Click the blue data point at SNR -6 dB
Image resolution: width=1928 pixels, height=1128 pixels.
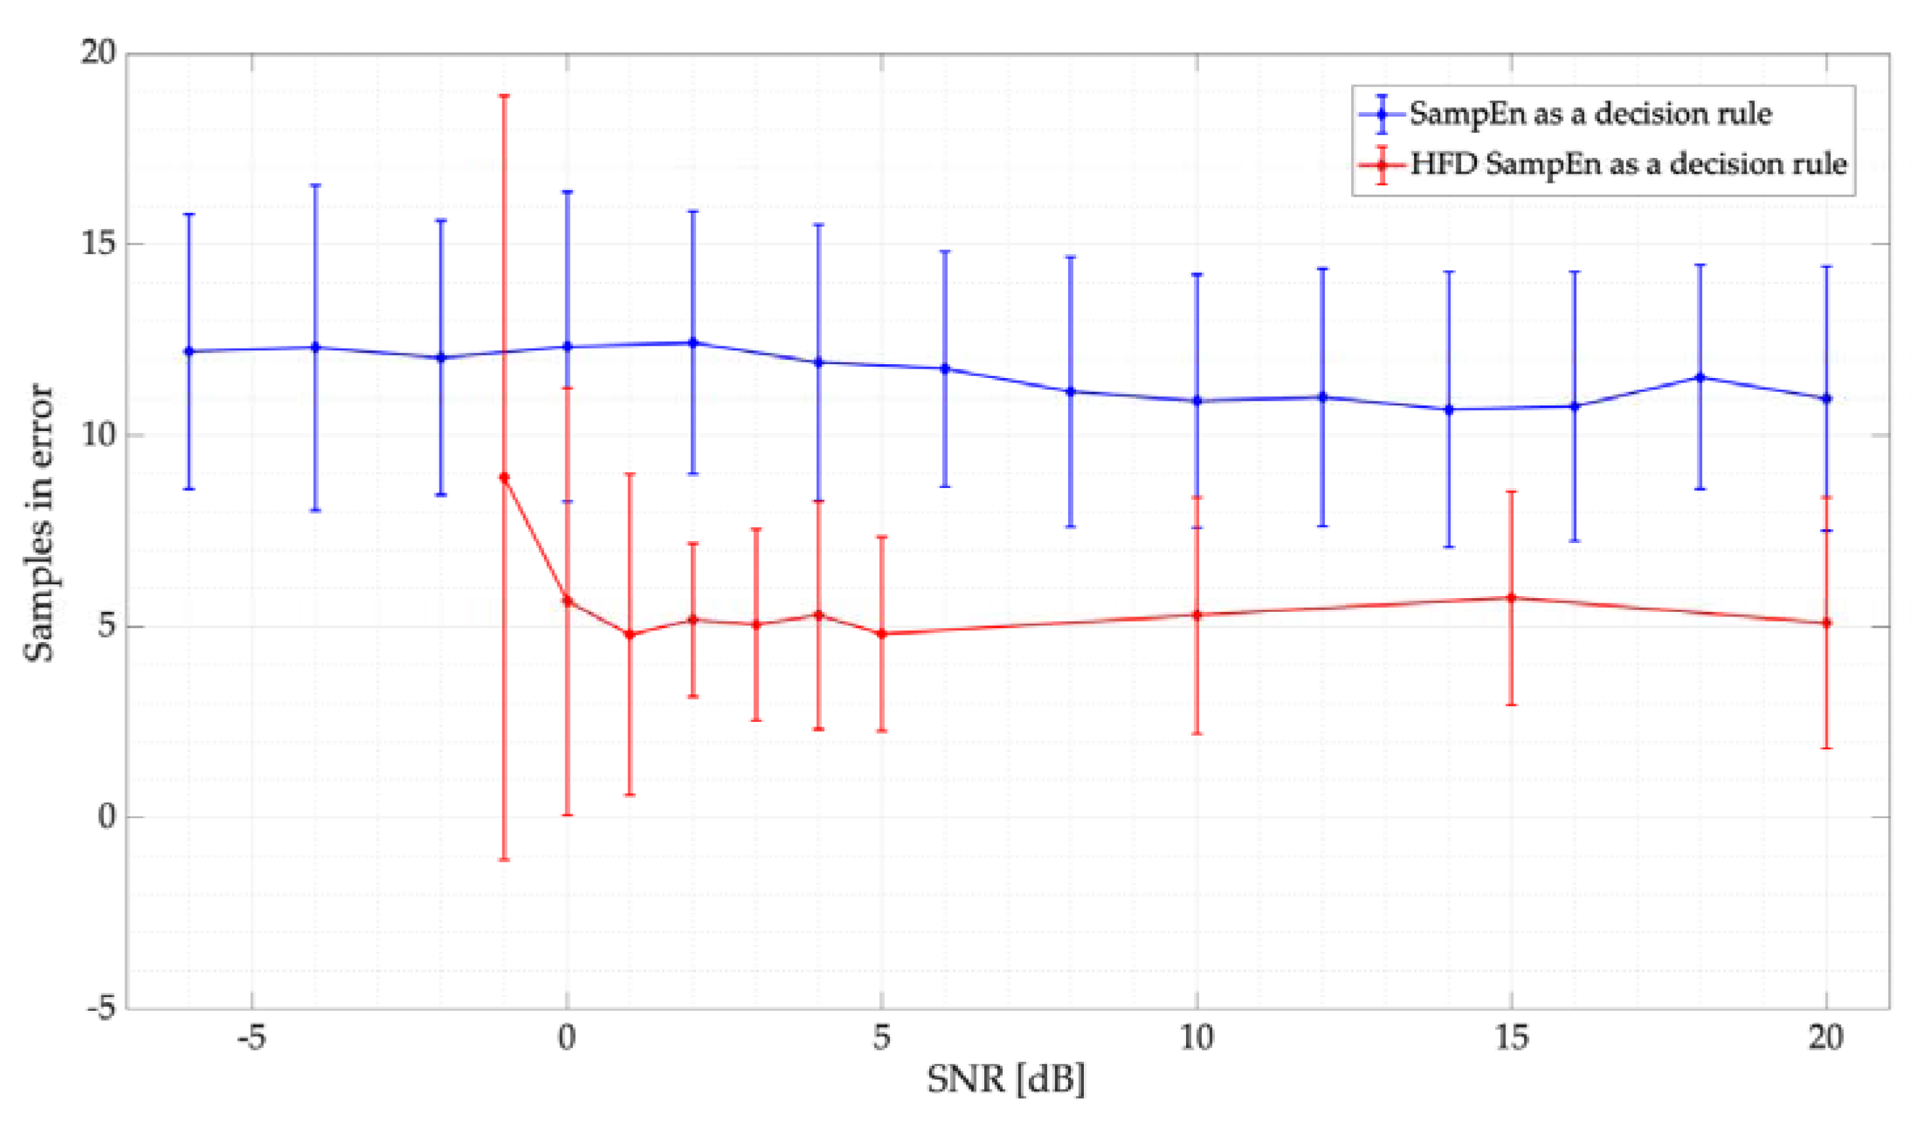click(x=189, y=351)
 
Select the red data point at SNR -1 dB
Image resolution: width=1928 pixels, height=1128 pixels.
click(x=504, y=478)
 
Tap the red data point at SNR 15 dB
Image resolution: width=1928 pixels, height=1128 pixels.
click(x=1511, y=597)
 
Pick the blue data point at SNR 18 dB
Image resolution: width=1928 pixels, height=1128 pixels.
click(x=1701, y=377)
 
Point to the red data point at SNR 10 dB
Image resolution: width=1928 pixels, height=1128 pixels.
click(x=1197, y=614)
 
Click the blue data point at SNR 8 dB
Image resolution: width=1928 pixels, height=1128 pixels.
click(x=1071, y=391)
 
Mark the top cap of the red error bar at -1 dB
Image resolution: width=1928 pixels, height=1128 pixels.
click(x=504, y=96)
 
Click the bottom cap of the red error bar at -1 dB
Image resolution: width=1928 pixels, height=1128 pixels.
click(x=504, y=860)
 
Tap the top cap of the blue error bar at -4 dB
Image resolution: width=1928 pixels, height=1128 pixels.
click(x=315, y=185)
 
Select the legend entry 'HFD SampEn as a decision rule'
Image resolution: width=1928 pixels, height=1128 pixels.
click(x=1628, y=164)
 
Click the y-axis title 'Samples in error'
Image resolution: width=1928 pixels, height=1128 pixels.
click(x=40, y=525)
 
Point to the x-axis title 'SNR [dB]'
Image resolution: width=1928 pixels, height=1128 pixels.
click(x=1006, y=1080)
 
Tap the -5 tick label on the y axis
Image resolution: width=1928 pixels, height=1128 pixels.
click(x=101, y=1009)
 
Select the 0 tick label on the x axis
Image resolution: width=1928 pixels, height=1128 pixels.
click(x=567, y=1038)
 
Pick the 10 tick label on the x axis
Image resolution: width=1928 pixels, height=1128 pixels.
click(x=1197, y=1038)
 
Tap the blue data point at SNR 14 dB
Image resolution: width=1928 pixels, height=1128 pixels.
click(x=1449, y=409)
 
